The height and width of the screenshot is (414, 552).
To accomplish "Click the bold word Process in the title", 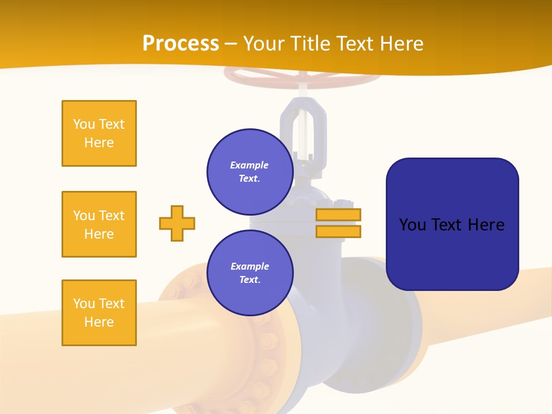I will point(181,44).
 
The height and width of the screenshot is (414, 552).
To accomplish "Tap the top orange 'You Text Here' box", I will point(99,133).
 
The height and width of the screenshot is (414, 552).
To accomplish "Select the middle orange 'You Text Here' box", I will point(99,224).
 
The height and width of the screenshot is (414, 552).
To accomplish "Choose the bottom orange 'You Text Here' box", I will point(99,313).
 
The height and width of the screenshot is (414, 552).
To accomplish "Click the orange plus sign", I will point(177,223).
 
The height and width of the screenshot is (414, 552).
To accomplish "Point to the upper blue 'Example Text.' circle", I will point(250,171).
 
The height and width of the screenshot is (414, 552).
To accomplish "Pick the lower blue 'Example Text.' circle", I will point(250,273).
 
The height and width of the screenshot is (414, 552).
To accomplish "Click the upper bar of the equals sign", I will point(338,214).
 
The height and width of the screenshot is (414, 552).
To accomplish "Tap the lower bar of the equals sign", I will point(338,231).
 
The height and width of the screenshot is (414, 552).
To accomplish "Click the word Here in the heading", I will point(401,44).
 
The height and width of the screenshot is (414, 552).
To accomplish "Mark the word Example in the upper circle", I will point(249,165).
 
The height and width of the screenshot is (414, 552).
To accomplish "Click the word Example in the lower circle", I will point(250,266).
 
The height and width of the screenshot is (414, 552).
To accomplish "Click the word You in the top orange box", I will point(83,124).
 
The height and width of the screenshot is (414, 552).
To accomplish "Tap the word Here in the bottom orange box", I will point(99,322).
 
